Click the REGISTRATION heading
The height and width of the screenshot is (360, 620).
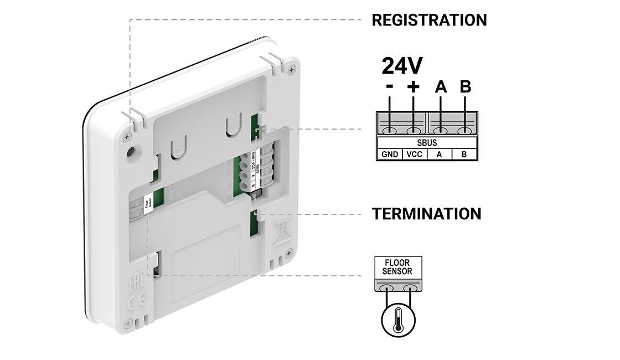[429, 20]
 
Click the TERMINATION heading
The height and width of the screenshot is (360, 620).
[426, 214]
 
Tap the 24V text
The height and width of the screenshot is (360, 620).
[402, 66]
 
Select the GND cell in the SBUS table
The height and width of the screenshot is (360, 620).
[390, 155]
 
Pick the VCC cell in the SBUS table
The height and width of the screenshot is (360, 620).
[415, 155]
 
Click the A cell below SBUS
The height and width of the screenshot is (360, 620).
[440, 155]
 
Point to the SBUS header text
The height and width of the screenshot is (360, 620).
[427, 143]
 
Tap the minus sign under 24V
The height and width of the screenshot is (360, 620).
[390, 87]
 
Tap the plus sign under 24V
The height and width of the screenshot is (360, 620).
[414, 87]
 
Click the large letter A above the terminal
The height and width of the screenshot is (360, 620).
[441, 87]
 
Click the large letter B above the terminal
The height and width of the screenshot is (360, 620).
[466, 87]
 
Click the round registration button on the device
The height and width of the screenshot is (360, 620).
[131, 152]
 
